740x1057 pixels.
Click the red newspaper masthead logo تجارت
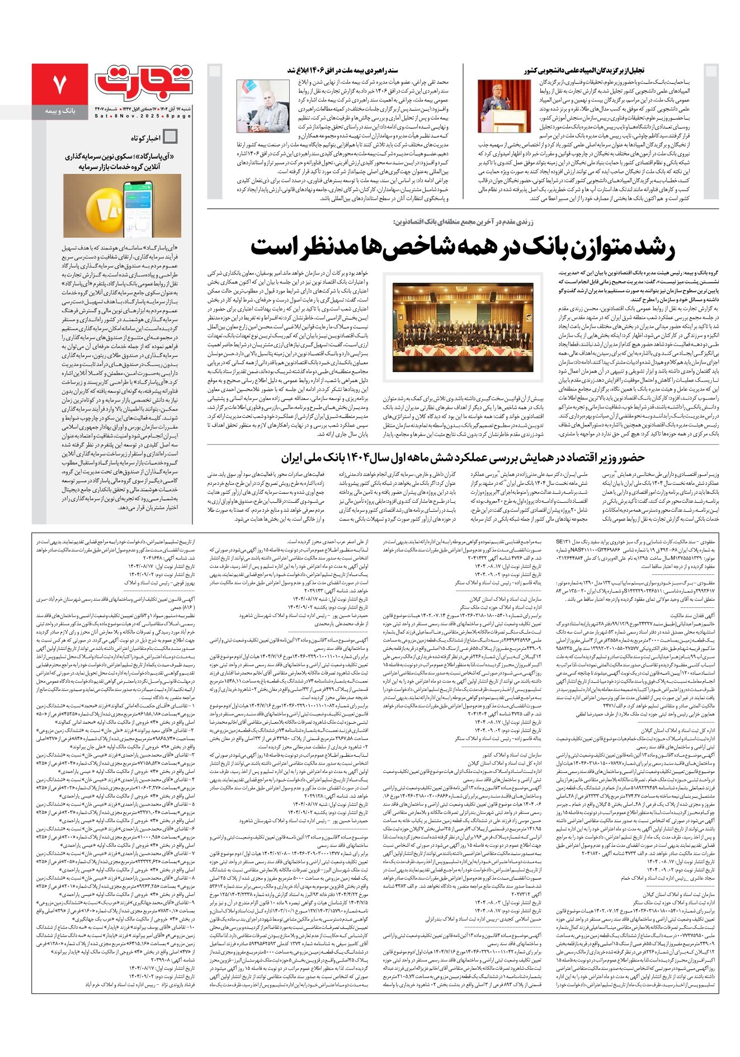coord(144,83)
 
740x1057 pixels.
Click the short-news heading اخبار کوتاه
coord(146,138)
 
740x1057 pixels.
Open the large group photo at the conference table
coord(463,327)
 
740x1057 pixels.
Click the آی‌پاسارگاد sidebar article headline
coord(121,162)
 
